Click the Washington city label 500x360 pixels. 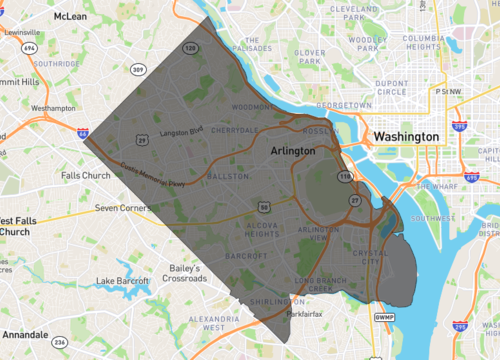(405, 136)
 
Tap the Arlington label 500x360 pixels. (293, 150)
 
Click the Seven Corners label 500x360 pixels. (121, 208)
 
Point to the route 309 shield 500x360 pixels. (138, 70)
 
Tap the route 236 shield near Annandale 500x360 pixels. (60, 343)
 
